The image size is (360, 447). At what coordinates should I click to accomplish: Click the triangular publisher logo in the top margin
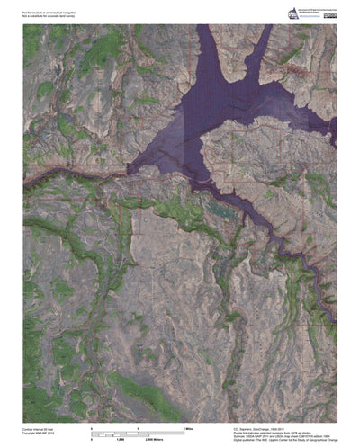point(292,13)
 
